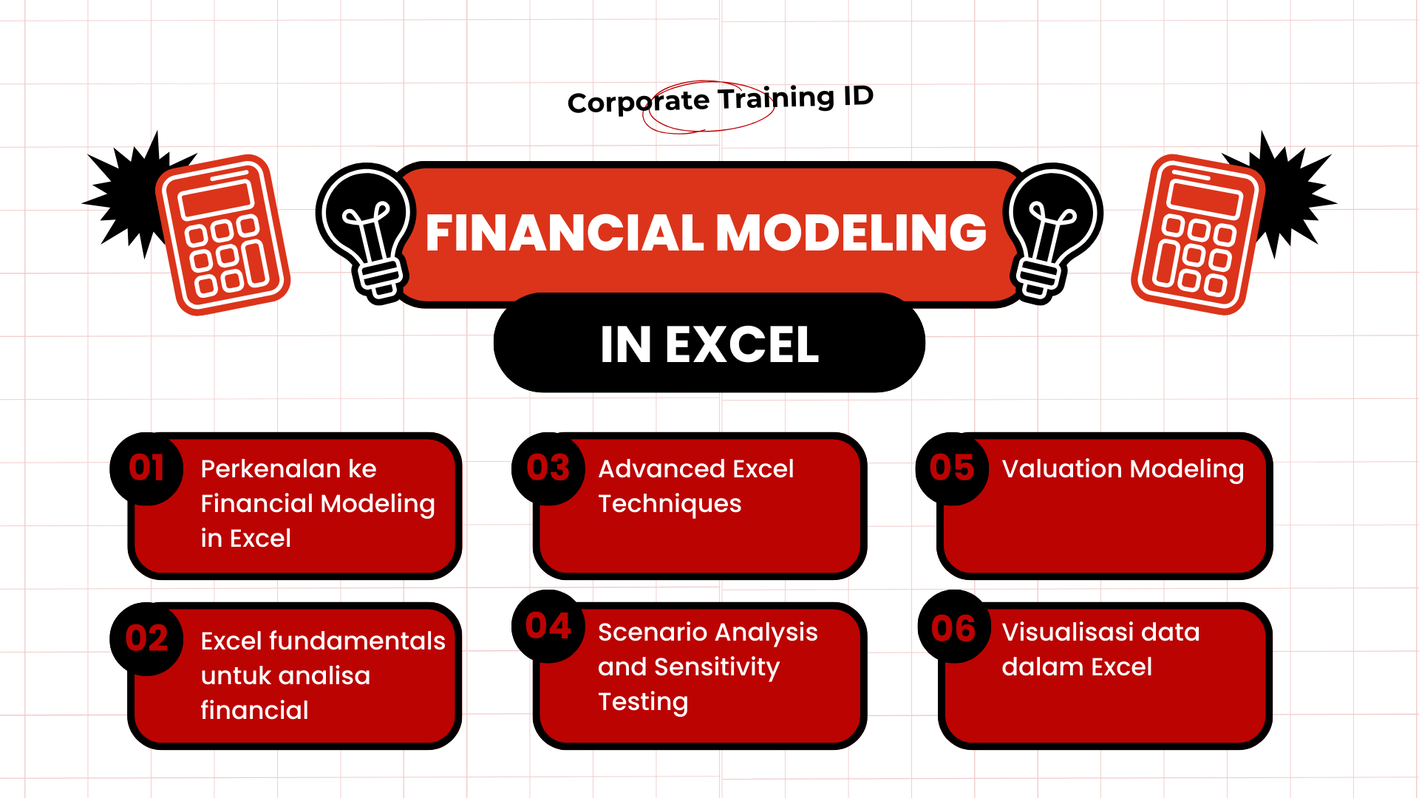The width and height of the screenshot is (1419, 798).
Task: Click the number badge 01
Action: [x=146, y=468]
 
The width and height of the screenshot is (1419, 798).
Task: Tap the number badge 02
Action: [x=146, y=639]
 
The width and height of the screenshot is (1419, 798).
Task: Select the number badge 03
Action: [x=548, y=468]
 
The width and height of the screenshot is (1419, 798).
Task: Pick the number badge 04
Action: [x=548, y=627]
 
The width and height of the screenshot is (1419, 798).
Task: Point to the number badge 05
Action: [x=952, y=468]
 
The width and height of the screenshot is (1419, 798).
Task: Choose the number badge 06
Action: [x=953, y=628]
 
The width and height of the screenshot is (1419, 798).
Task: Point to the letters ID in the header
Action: [x=858, y=96]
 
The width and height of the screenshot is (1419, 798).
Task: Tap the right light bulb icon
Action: [x=1051, y=229]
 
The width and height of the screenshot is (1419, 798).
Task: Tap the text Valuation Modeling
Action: [x=1123, y=469]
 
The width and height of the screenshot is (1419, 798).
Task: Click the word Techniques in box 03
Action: [x=670, y=504]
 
